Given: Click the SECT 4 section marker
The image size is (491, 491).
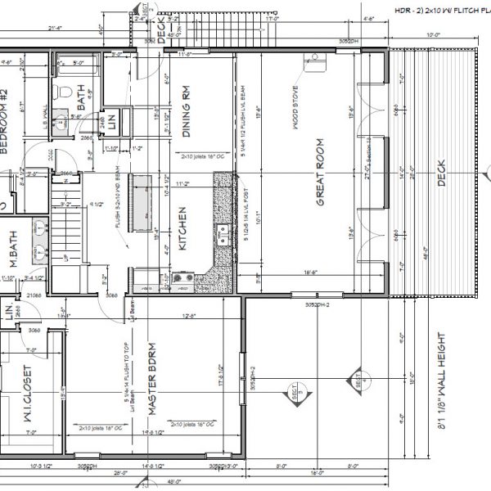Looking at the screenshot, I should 358,381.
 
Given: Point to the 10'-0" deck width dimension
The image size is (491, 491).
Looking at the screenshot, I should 432,34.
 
